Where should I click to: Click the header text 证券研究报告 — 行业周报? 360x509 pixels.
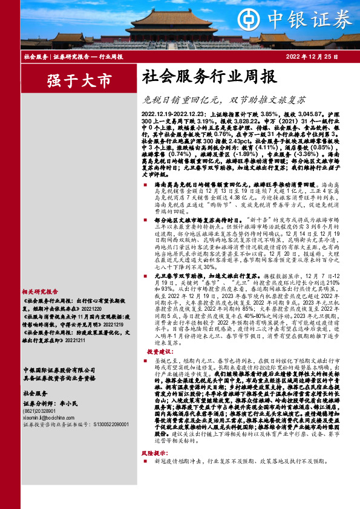87,56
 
